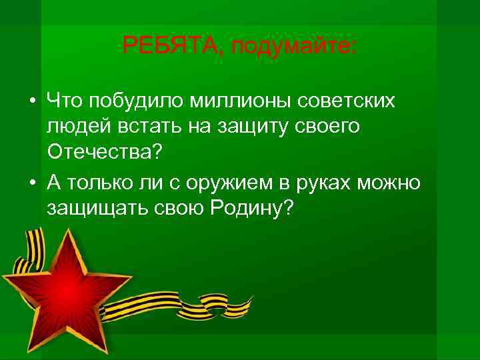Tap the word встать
tap(142, 127)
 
